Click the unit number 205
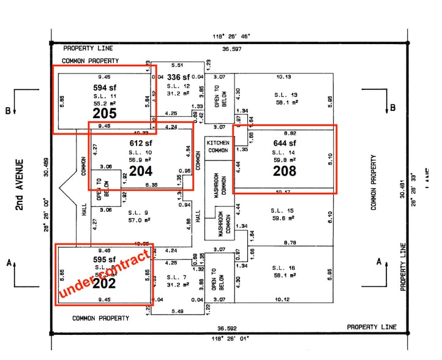click(104, 113)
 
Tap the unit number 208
click(284, 170)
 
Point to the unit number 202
click(105, 283)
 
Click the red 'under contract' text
click(104, 274)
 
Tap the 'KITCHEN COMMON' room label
click(218, 146)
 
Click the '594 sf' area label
click(104, 88)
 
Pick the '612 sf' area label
click(140, 143)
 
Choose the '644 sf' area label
click(284, 144)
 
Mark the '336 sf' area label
click(179, 77)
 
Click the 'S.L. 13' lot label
click(285, 95)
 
